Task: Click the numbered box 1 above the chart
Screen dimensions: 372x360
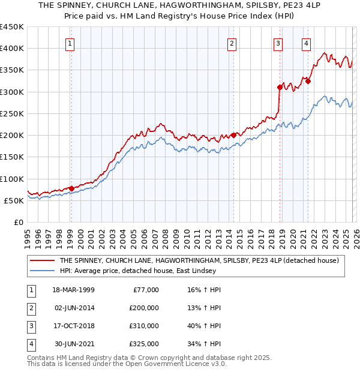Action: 71,43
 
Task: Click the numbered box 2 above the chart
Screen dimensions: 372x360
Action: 232,43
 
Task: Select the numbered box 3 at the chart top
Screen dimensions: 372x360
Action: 278,43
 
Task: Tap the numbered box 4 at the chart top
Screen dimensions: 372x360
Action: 307,43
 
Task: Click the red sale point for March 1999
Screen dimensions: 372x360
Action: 71,188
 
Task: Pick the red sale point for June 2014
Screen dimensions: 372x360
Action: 233,135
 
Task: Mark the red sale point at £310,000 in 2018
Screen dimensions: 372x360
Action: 280,87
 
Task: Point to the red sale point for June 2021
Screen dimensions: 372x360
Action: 308,81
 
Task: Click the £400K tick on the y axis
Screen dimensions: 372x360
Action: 12,49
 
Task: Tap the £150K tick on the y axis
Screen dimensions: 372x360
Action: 12,157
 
